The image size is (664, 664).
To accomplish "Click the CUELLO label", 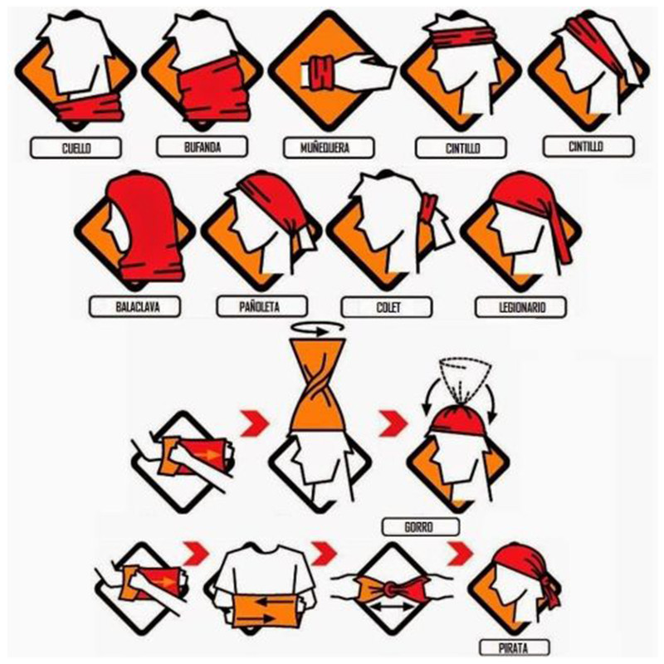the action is click(x=76, y=148).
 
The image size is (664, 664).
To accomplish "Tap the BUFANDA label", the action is click(x=202, y=147).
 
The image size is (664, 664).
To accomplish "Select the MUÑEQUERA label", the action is click(x=329, y=148).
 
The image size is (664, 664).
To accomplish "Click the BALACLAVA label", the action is click(x=135, y=307).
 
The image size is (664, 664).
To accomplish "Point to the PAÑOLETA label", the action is click(x=262, y=306).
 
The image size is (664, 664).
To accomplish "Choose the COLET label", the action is click(x=387, y=307).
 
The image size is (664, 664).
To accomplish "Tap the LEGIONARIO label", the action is click(x=521, y=307).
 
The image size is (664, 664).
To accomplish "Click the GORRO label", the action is click(x=421, y=527).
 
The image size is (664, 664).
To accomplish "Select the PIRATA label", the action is click(x=514, y=647).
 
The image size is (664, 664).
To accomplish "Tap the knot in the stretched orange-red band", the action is click(x=390, y=588).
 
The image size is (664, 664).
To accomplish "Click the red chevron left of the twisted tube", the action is click(x=255, y=422).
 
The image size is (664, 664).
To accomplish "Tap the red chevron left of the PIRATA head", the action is click(x=461, y=552).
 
